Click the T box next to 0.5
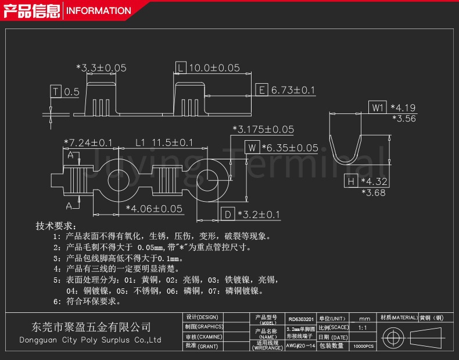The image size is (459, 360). tap(56, 92)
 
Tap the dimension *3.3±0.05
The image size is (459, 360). tap(102, 68)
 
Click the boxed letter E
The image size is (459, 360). tap(261, 90)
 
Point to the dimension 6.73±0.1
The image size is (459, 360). tap(293, 90)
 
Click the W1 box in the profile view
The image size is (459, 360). tap(378, 108)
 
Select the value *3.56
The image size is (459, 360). tap(404, 118)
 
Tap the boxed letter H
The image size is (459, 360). tap(350, 182)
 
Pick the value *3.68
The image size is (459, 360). tap(373, 193)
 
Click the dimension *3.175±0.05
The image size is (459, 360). tap(263, 130)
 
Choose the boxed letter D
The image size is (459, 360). tap(228, 215)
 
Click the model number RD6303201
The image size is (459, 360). tap(301, 319)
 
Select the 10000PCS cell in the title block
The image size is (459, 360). tap(364, 346)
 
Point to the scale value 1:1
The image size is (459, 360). tap(363, 328)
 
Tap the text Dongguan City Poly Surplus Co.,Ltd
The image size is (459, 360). tap(90, 340)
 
